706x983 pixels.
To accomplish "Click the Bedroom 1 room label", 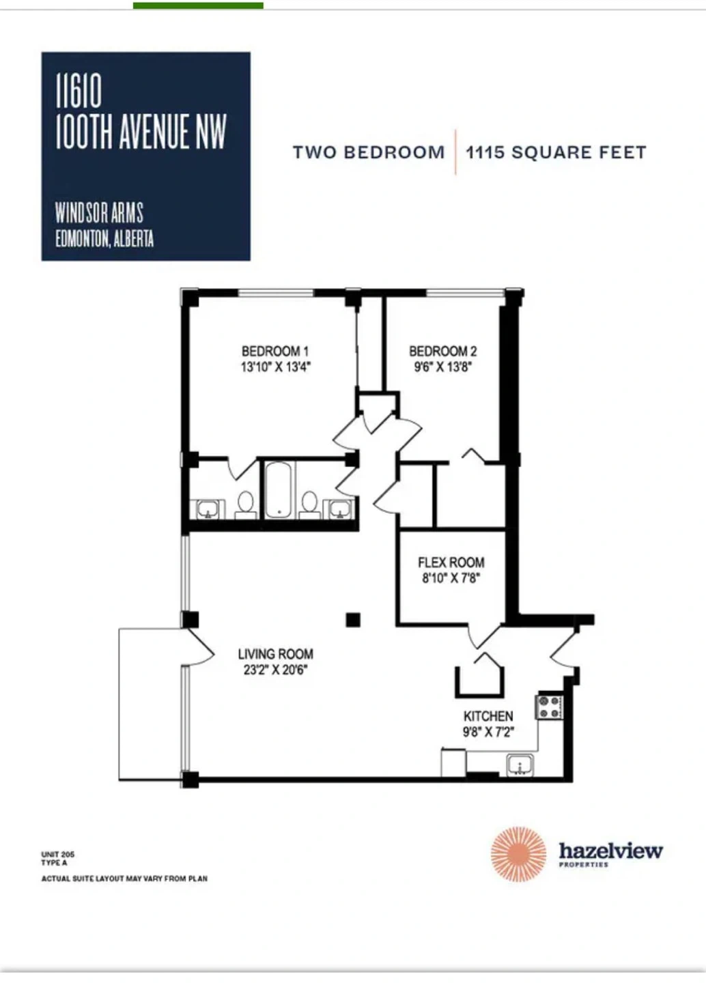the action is (275, 352).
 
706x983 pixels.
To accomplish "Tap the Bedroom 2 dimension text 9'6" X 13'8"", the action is (442, 367).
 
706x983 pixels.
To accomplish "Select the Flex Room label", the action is (451, 562).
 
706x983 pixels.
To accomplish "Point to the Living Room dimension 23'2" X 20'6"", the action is (275, 670).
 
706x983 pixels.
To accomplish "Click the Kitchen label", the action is (488, 716).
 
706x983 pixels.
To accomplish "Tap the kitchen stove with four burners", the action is (549, 707).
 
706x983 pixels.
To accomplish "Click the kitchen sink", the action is (520, 766).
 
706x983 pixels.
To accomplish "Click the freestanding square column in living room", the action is (353, 620).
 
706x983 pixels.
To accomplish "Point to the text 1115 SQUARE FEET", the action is (556, 153).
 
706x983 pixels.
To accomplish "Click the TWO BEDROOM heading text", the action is (369, 153).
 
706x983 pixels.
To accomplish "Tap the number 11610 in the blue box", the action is (79, 91).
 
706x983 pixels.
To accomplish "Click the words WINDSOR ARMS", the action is (99, 213).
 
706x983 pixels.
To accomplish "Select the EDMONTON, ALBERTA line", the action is (104, 240).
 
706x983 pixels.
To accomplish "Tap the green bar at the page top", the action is (198, 5).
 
